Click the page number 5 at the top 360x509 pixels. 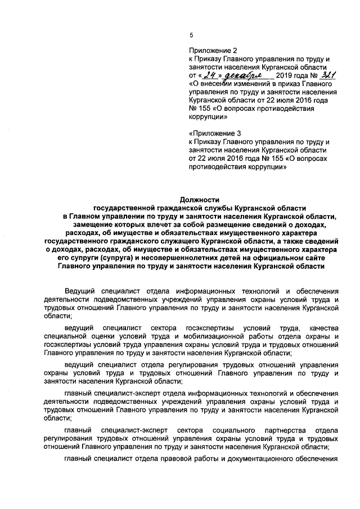(x=191, y=35)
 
